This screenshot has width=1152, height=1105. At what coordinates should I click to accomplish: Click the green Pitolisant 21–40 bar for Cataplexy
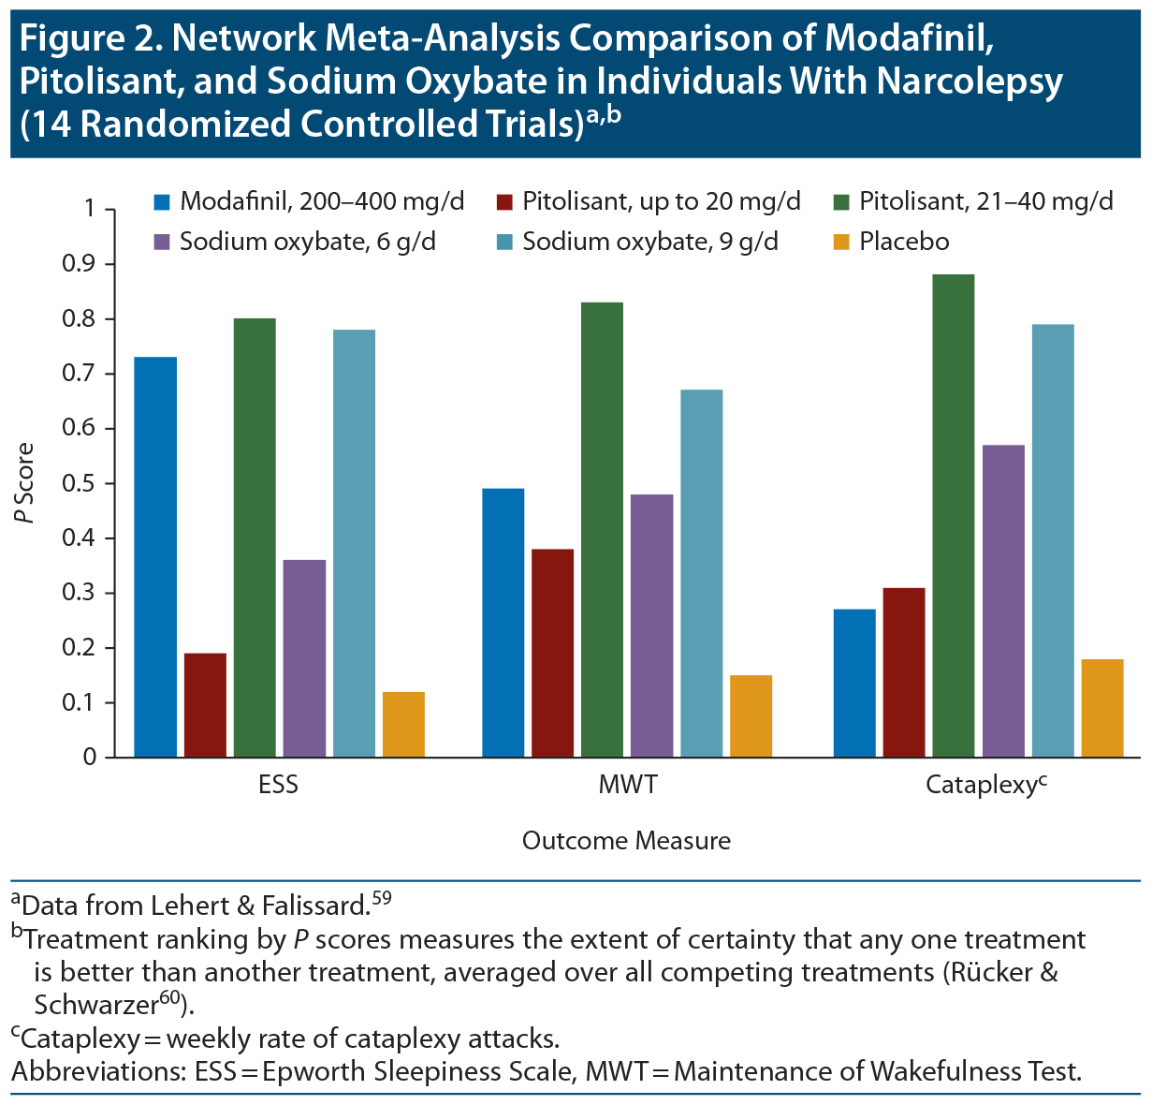953,515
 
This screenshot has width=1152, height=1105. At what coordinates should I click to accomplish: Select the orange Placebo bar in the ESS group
403,724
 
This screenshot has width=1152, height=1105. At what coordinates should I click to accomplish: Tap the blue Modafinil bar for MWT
503,623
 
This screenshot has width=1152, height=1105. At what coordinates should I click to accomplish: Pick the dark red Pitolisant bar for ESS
205,705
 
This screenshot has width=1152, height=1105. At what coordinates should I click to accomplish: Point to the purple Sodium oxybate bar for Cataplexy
1003,600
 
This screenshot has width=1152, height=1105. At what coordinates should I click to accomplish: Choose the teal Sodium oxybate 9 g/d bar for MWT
702,573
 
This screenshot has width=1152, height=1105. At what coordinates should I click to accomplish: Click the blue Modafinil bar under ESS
155,556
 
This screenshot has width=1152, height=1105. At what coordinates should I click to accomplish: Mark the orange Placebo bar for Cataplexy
1102,708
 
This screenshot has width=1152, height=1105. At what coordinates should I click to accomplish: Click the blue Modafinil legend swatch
163,201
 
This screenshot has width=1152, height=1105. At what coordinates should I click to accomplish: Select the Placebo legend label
904,242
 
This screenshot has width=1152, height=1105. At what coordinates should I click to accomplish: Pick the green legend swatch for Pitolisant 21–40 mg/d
841,201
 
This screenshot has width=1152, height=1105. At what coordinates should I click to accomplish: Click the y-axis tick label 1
90,209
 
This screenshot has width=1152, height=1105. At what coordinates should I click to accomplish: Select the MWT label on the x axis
627,785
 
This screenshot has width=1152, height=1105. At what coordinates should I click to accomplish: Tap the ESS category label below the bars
279,785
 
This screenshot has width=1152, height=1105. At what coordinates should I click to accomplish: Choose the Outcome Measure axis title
626,841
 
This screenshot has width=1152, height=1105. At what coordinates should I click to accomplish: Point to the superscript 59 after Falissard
381,899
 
